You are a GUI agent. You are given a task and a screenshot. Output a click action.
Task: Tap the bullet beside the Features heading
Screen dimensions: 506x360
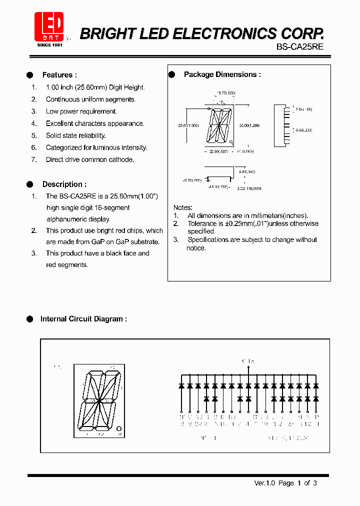point(29,75)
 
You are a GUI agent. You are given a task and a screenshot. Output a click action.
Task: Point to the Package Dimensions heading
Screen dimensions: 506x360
point(222,74)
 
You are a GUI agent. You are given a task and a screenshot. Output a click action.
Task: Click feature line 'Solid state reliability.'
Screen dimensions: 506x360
point(75,135)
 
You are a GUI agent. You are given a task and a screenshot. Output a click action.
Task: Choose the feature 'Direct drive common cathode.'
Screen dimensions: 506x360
point(90,159)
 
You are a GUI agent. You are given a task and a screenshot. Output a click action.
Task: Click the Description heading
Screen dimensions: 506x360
point(64,184)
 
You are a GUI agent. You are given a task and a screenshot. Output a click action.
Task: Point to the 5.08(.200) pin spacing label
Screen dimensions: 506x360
point(303,129)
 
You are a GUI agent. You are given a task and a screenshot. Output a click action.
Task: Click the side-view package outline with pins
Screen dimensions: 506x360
point(281,125)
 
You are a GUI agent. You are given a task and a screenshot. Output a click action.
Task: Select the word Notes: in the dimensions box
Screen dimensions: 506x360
point(183,207)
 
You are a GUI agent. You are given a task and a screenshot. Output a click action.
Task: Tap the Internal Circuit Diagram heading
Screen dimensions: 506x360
point(83,318)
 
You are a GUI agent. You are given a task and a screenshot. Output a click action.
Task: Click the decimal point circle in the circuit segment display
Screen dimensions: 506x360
point(119,428)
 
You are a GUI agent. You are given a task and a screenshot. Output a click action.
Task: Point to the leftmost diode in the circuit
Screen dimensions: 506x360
point(181,386)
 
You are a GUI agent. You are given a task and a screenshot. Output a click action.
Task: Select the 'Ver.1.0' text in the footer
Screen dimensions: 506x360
point(264,482)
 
